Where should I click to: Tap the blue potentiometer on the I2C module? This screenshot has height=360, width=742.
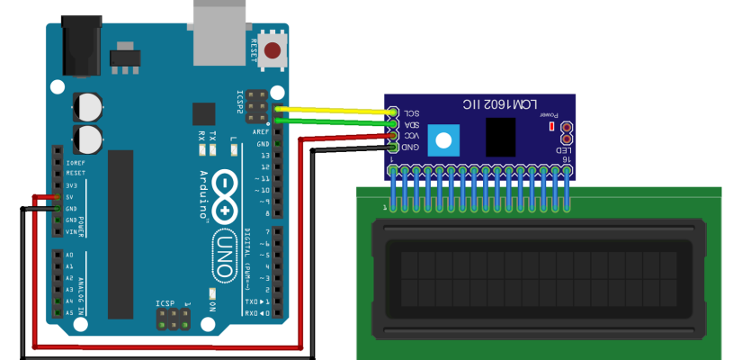click(x=442, y=139)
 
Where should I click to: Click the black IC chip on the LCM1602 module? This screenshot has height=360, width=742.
click(x=501, y=137)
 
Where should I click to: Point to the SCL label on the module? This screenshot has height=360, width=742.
click(x=411, y=112)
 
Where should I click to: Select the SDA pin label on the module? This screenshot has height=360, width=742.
click(x=411, y=123)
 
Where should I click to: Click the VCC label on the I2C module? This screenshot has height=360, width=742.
click(x=411, y=135)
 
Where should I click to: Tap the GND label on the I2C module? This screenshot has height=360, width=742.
click(x=411, y=146)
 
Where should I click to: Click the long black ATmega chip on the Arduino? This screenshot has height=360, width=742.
click(x=121, y=234)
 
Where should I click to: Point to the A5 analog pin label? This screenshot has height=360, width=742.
click(x=69, y=313)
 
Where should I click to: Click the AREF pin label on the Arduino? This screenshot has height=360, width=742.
click(x=263, y=131)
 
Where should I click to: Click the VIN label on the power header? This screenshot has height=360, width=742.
click(x=71, y=231)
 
